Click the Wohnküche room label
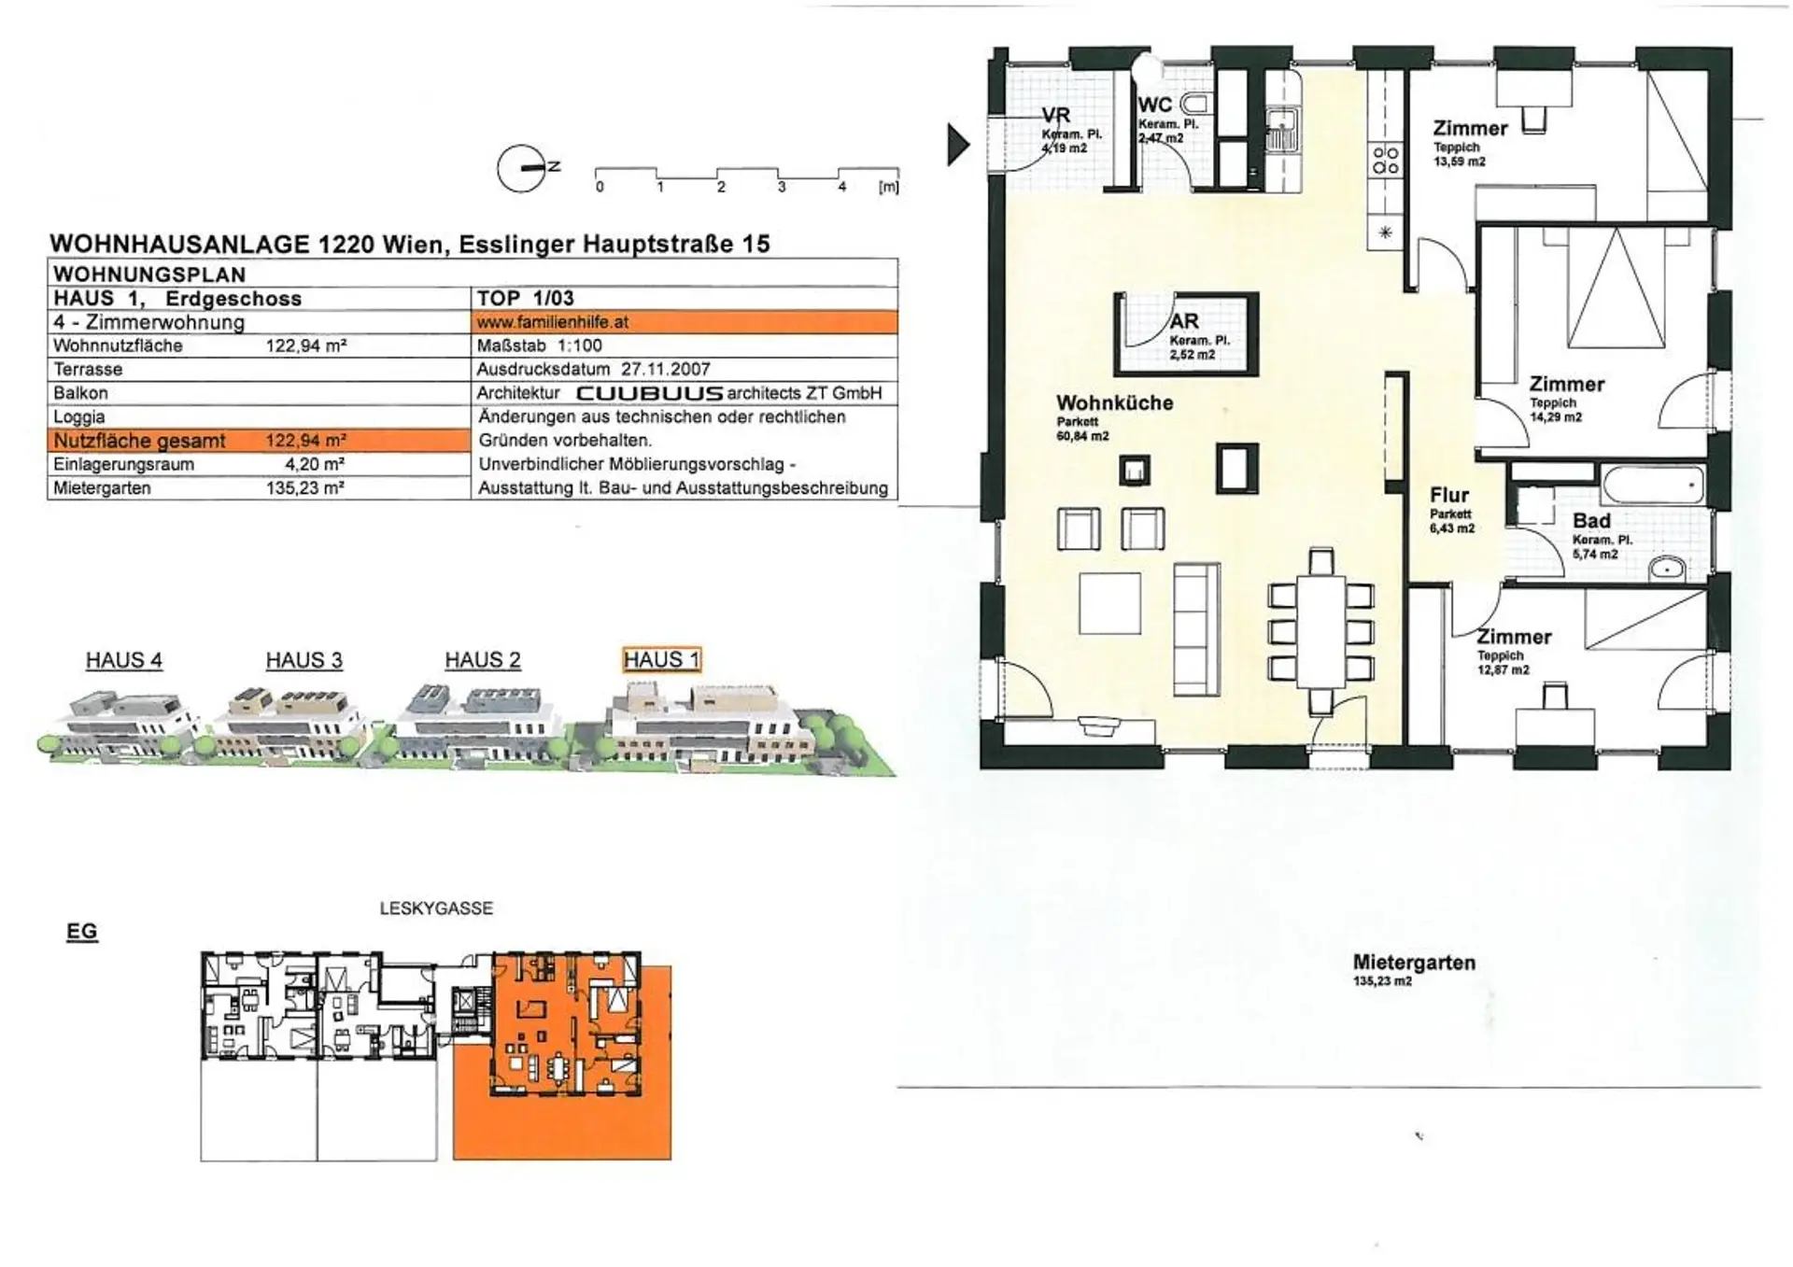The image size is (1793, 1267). (1114, 402)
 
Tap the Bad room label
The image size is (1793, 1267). (1591, 521)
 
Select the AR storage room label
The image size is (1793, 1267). (1184, 321)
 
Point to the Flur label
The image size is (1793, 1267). (1449, 495)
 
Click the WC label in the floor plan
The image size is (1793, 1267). (1155, 105)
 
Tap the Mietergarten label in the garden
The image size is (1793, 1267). (1414, 963)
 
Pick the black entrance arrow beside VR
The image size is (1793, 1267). (958, 145)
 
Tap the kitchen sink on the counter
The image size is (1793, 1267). (1281, 131)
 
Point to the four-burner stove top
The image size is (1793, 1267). (1386, 160)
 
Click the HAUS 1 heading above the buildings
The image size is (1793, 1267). (661, 660)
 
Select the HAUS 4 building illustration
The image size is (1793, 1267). (121, 719)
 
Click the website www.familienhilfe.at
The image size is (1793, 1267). (552, 322)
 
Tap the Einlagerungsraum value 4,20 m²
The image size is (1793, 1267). (315, 464)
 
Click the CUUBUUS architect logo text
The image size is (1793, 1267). (650, 393)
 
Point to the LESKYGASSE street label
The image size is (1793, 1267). (436, 908)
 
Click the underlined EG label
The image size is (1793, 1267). (81, 932)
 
